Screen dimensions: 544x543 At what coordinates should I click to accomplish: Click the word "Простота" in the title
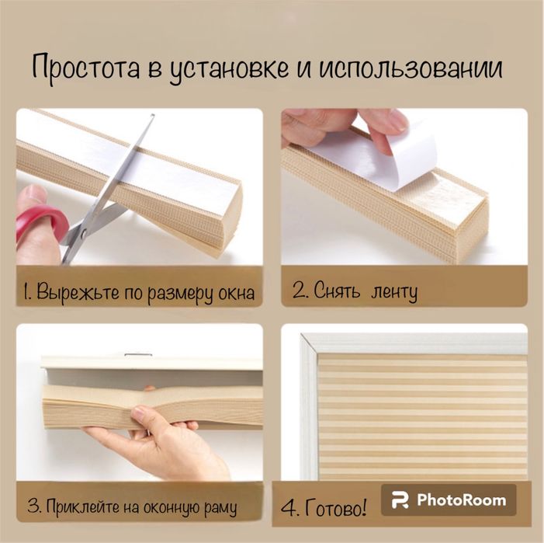(x=86, y=68)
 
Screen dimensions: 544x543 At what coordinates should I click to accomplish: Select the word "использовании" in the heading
(x=411, y=67)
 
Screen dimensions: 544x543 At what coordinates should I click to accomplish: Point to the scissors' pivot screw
(x=83, y=232)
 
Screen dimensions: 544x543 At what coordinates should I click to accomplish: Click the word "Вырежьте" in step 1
(x=78, y=292)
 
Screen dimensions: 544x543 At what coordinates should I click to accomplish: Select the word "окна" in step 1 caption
(x=236, y=294)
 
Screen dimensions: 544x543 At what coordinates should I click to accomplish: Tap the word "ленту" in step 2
(x=393, y=293)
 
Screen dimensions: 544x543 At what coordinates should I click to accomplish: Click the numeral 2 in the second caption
(x=299, y=291)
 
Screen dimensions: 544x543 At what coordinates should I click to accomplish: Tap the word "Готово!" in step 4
(x=335, y=508)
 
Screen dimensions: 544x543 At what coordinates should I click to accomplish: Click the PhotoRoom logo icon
(x=400, y=500)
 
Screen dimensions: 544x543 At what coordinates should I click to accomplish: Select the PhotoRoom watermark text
(x=462, y=500)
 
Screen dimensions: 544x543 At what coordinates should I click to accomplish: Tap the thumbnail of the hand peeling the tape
(x=404, y=186)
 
